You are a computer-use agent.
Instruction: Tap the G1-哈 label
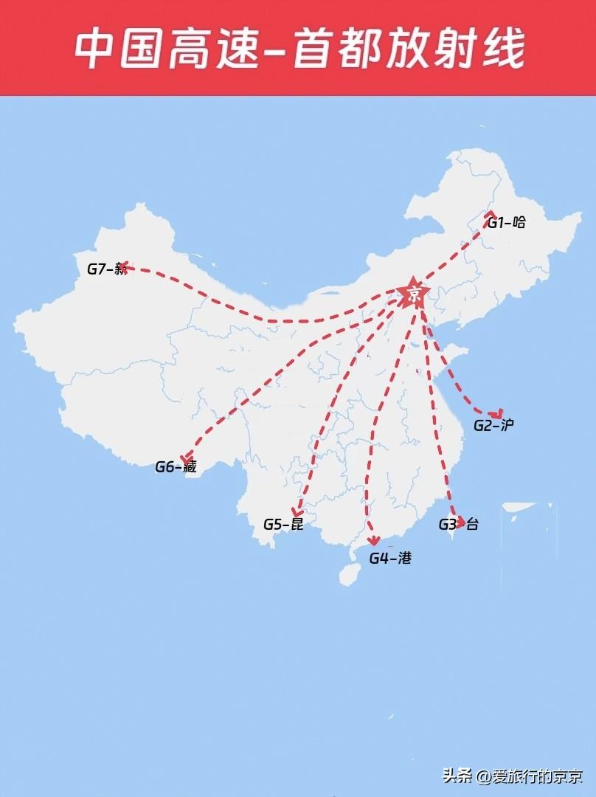coord(507,222)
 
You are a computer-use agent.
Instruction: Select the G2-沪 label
coord(493,425)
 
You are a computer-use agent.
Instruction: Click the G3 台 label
coord(458,525)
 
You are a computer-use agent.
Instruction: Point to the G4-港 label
coord(390,558)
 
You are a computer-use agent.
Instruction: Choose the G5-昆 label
coord(283,525)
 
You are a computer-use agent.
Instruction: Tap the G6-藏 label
coord(176,466)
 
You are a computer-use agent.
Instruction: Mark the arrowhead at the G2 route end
coord(499,414)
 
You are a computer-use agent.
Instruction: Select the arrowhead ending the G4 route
coord(374,541)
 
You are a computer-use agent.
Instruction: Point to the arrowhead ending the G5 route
coord(297,511)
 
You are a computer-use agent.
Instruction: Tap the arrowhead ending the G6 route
coord(186,459)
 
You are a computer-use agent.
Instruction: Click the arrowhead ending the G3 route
coord(461,522)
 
